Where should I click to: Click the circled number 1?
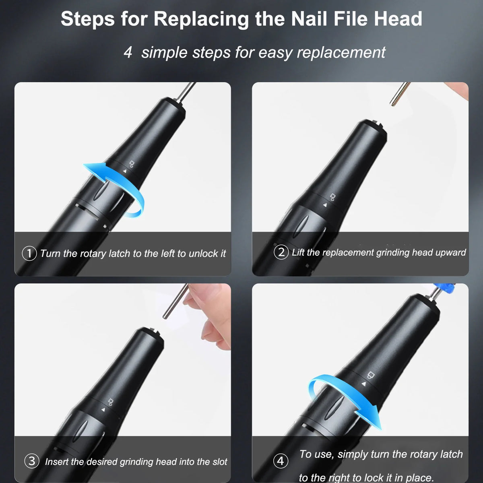[x=29, y=254]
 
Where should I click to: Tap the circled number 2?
[x=281, y=252]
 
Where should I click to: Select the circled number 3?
[x=32, y=461]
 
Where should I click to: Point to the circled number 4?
[x=281, y=461]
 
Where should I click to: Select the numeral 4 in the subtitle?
[x=128, y=52]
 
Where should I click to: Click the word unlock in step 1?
[x=204, y=254]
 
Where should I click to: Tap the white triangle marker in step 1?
[x=125, y=171]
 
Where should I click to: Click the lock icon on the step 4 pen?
[x=370, y=375]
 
